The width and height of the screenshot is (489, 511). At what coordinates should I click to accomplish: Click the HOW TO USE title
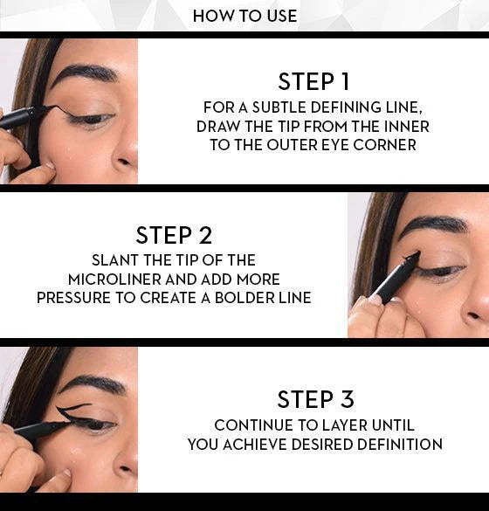coord(244,16)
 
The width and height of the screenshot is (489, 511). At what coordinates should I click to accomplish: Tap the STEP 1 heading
coord(313,81)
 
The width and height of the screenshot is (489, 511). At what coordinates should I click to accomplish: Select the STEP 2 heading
coord(174,235)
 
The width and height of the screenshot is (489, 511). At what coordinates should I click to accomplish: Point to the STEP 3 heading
coord(315,399)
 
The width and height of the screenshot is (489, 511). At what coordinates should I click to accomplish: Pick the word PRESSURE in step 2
coord(73,298)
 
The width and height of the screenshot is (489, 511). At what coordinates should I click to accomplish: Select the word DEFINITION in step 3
coord(400,445)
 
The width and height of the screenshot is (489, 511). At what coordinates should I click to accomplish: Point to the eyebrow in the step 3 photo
coord(91,383)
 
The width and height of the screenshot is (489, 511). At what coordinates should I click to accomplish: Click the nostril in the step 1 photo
coord(124,161)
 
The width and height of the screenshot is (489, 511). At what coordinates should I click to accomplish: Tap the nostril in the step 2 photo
coord(473,315)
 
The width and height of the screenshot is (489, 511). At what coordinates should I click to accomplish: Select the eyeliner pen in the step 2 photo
coord(394,278)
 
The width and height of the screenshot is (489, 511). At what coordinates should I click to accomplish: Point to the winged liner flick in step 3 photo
coord(70,411)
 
